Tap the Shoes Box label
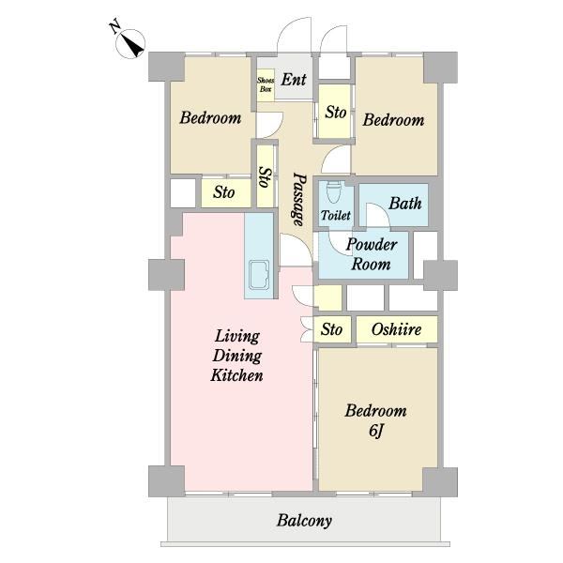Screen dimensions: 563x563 [x=266, y=84]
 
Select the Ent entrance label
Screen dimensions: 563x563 [x=294, y=80]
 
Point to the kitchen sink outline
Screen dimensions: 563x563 [x=259, y=274]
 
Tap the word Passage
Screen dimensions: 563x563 [x=299, y=200]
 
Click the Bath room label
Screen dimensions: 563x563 [x=405, y=204]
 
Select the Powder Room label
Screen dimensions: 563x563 [x=372, y=254]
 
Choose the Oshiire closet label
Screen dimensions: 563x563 [x=396, y=329]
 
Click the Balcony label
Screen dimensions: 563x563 [x=304, y=521]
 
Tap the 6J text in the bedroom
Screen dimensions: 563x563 [x=376, y=432]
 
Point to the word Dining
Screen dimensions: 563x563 [x=237, y=357]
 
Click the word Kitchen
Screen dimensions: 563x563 [x=237, y=375]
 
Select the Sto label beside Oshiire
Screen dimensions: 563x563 [x=331, y=329]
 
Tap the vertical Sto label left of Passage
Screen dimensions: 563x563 [x=266, y=177]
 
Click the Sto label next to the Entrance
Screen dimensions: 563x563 [x=336, y=112]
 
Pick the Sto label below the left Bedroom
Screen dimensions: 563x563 [x=223, y=192]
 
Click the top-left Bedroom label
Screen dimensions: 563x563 [x=210, y=118]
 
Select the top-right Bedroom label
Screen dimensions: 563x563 [x=393, y=119]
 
